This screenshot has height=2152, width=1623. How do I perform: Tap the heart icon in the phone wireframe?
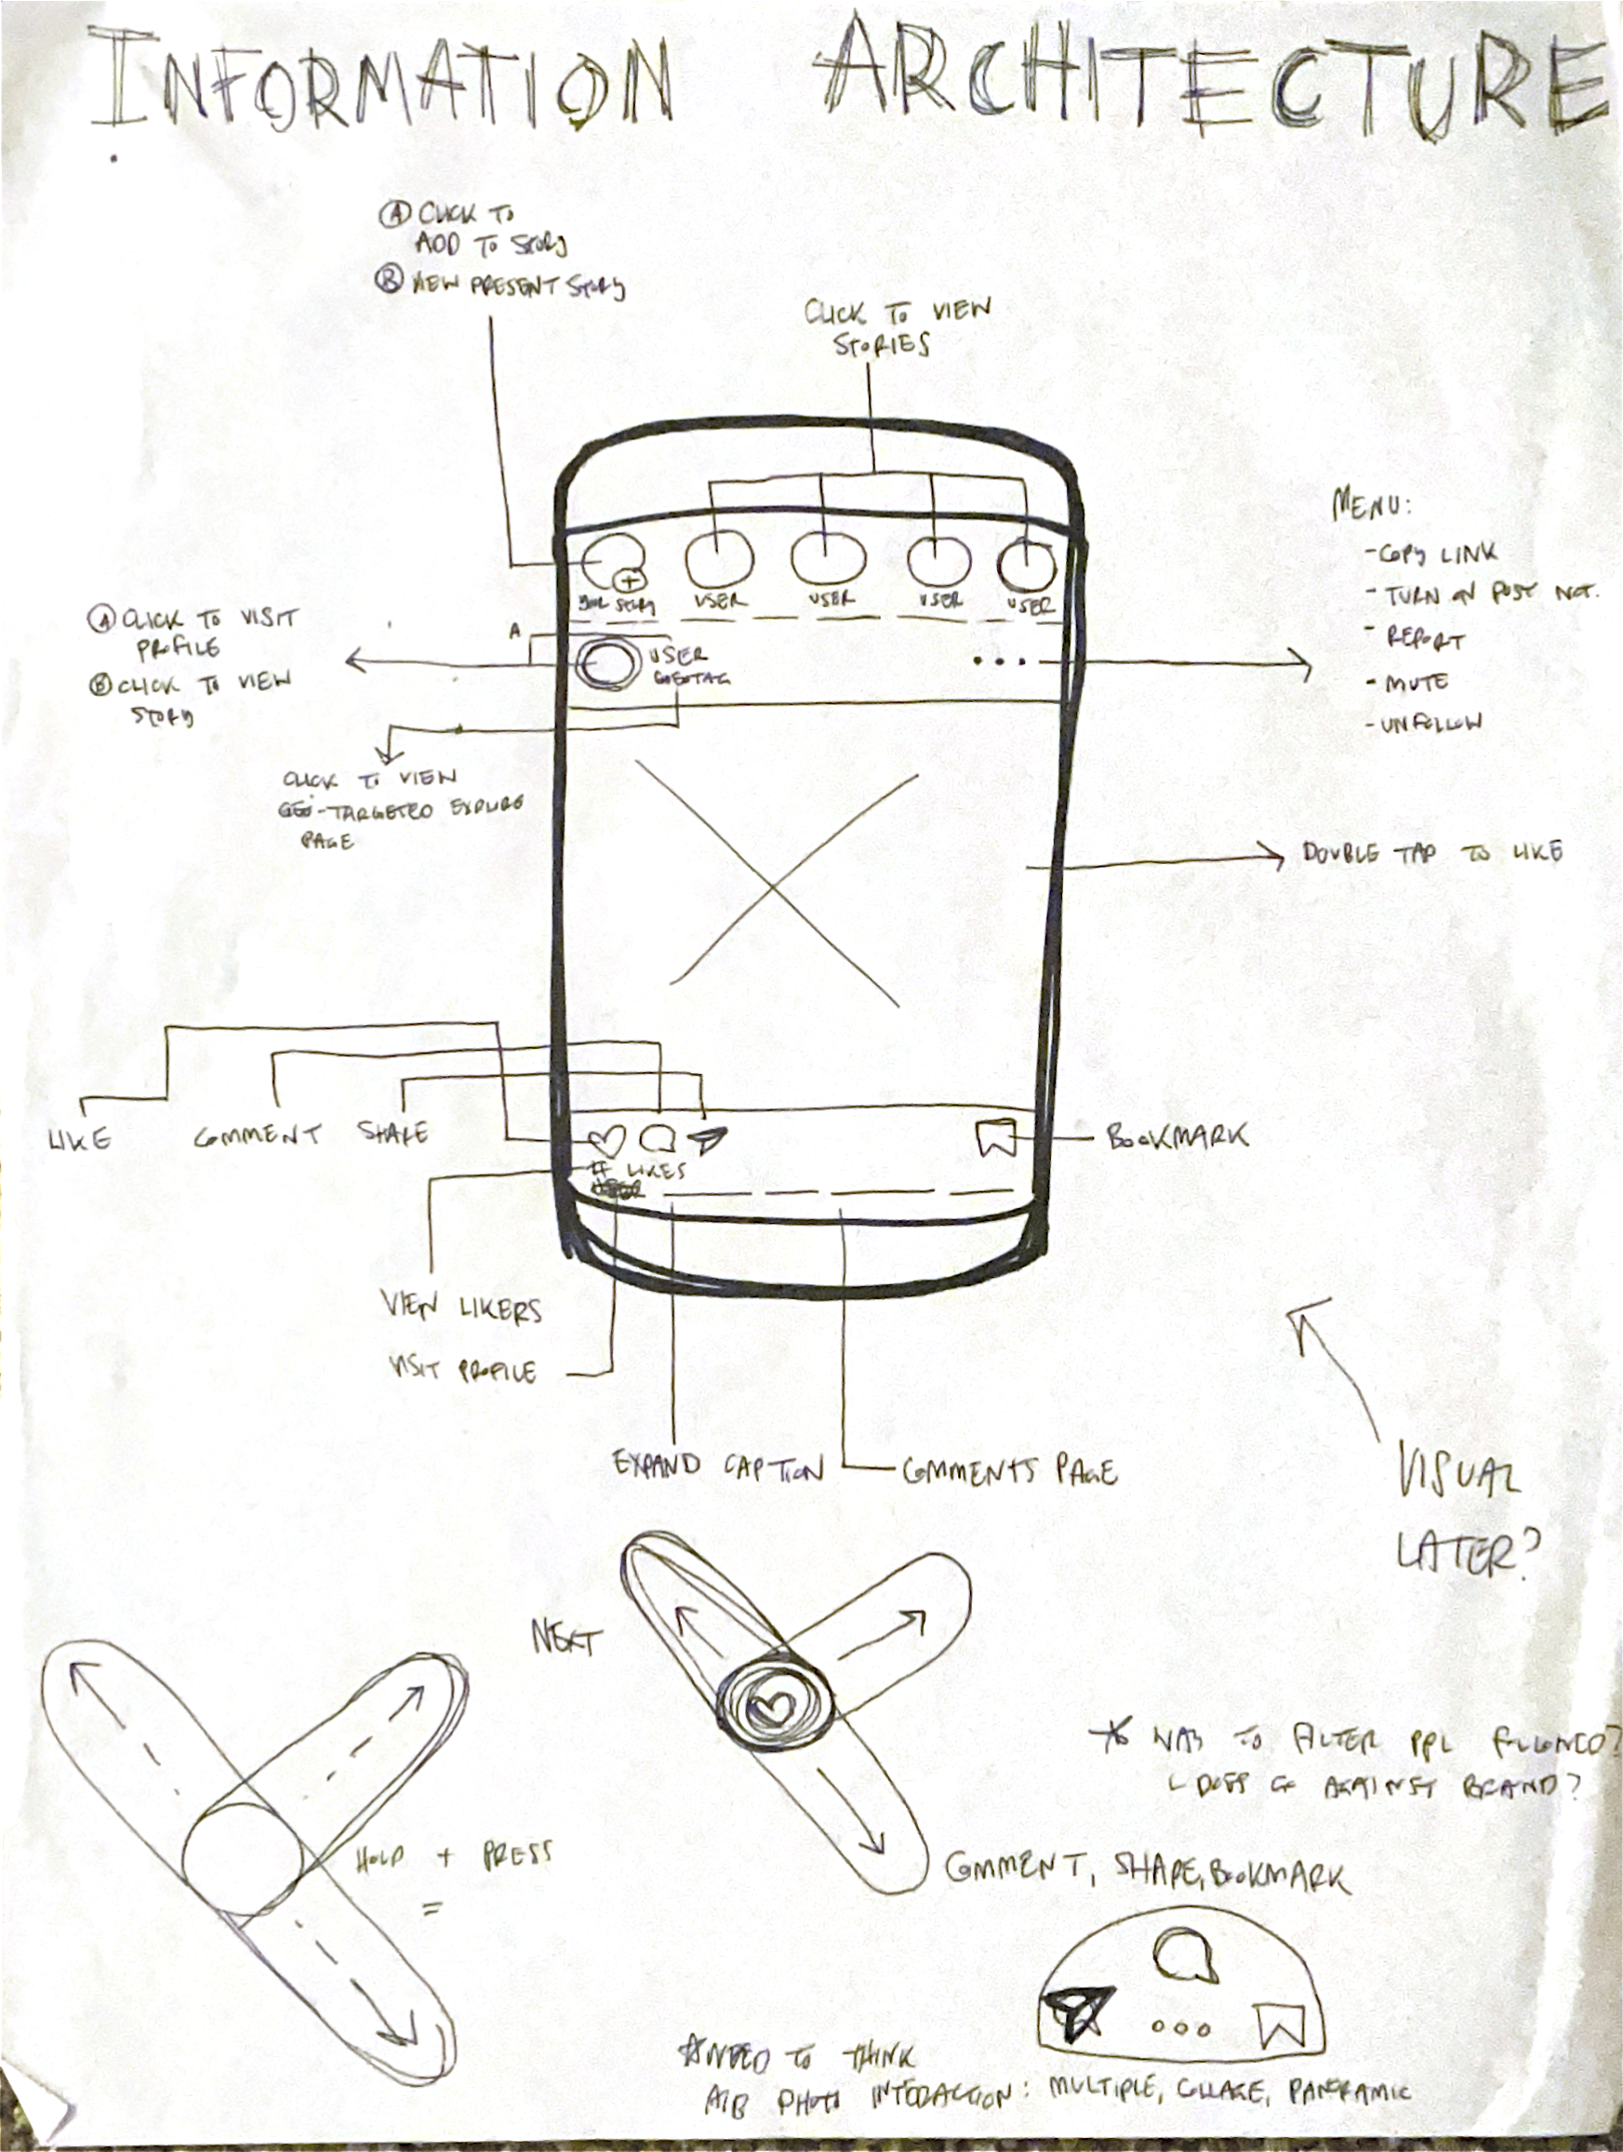(x=605, y=1138)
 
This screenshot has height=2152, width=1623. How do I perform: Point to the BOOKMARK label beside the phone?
(x=1177, y=1136)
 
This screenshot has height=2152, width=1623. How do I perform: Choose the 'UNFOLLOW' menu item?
(x=1430, y=723)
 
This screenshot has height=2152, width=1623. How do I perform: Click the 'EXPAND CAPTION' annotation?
(x=718, y=1466)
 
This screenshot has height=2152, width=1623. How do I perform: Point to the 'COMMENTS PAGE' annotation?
(x=1009, y=1471)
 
